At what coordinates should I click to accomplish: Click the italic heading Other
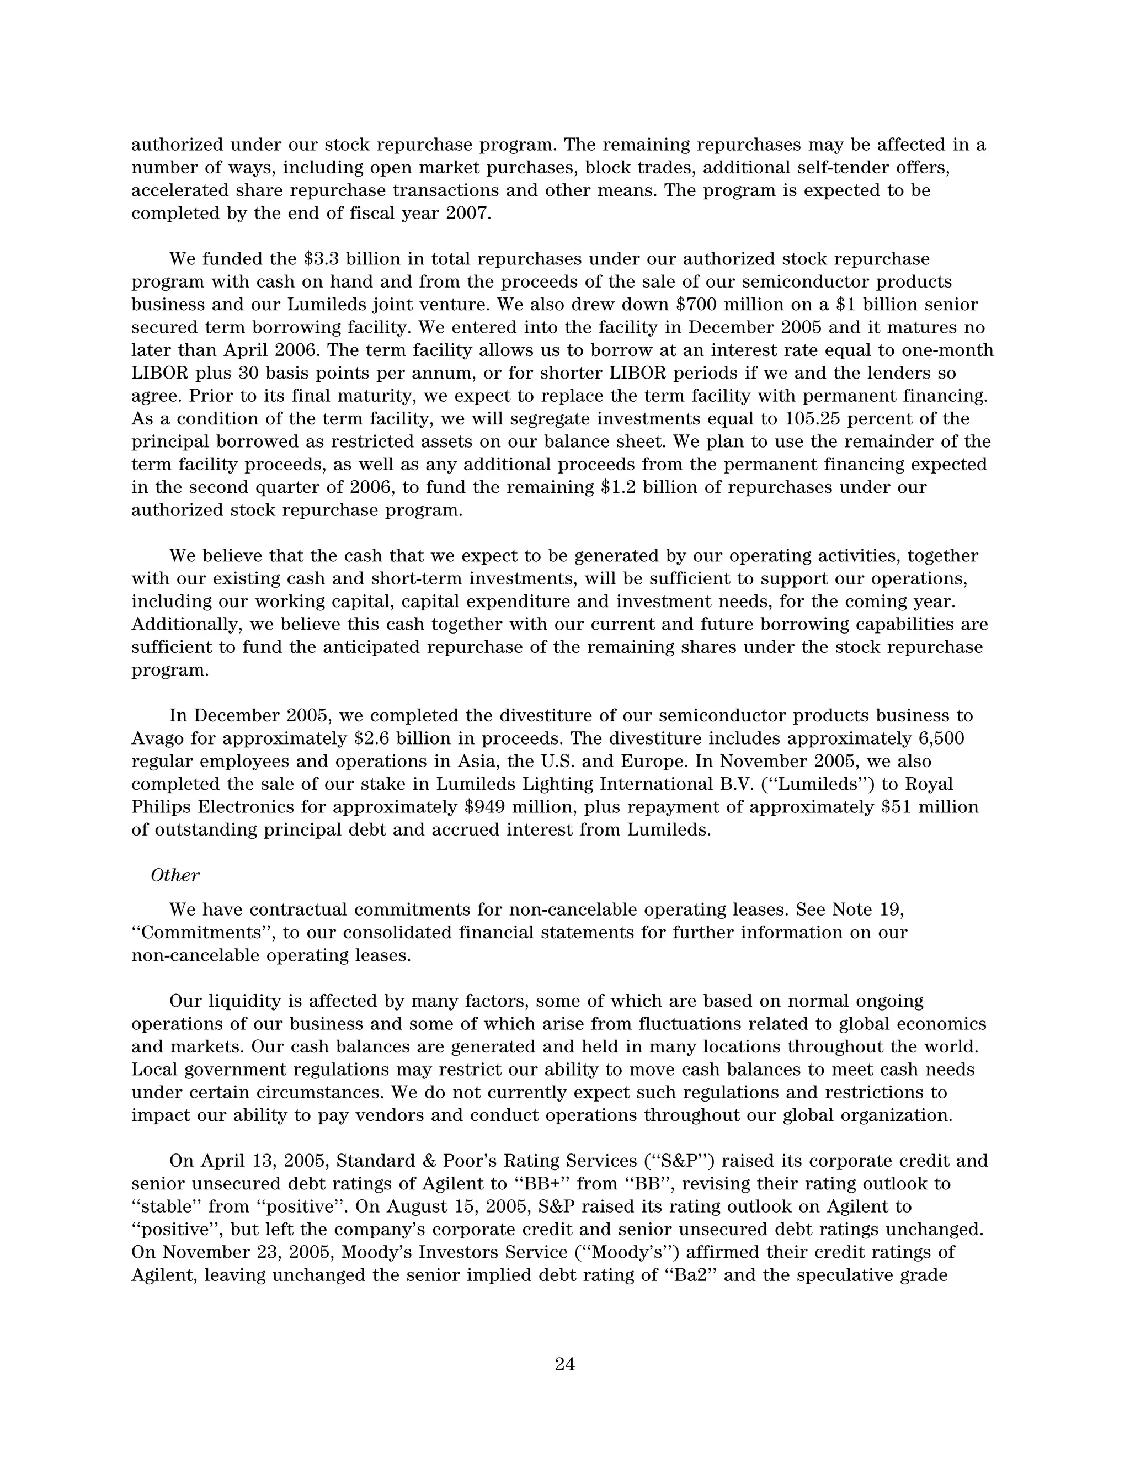tap(175, 875)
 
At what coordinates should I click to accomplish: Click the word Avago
tap(158, 738)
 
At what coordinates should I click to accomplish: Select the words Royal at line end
tap(930, 784)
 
